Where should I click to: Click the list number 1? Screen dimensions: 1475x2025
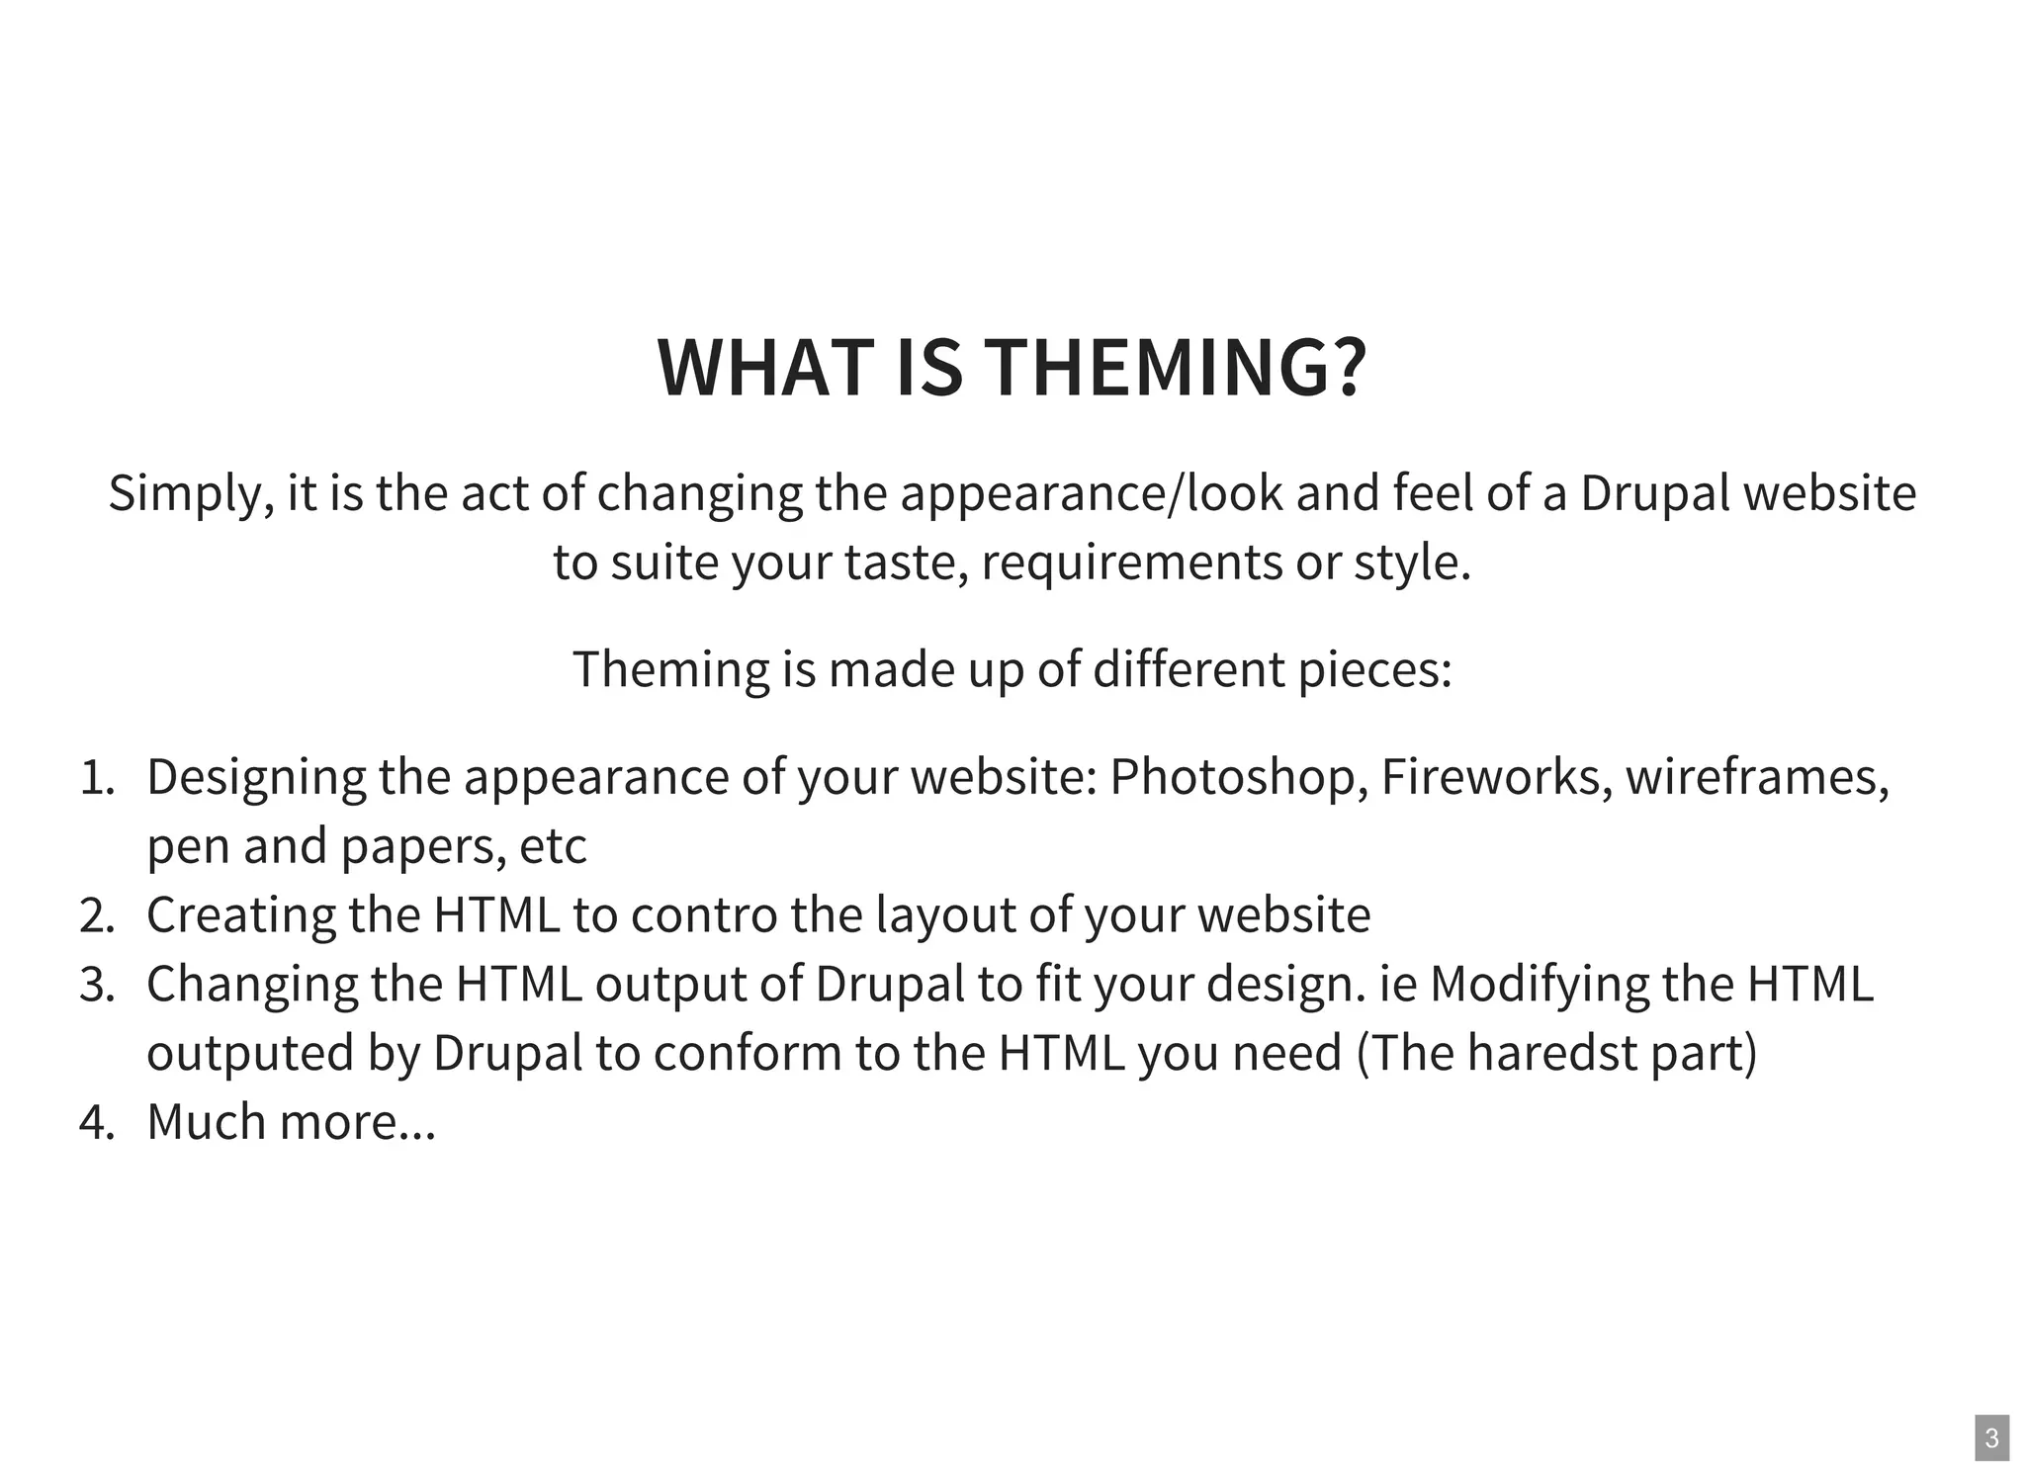97,778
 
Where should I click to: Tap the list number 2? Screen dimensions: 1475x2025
97,915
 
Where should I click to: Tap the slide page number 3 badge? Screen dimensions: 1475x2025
1991,1438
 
